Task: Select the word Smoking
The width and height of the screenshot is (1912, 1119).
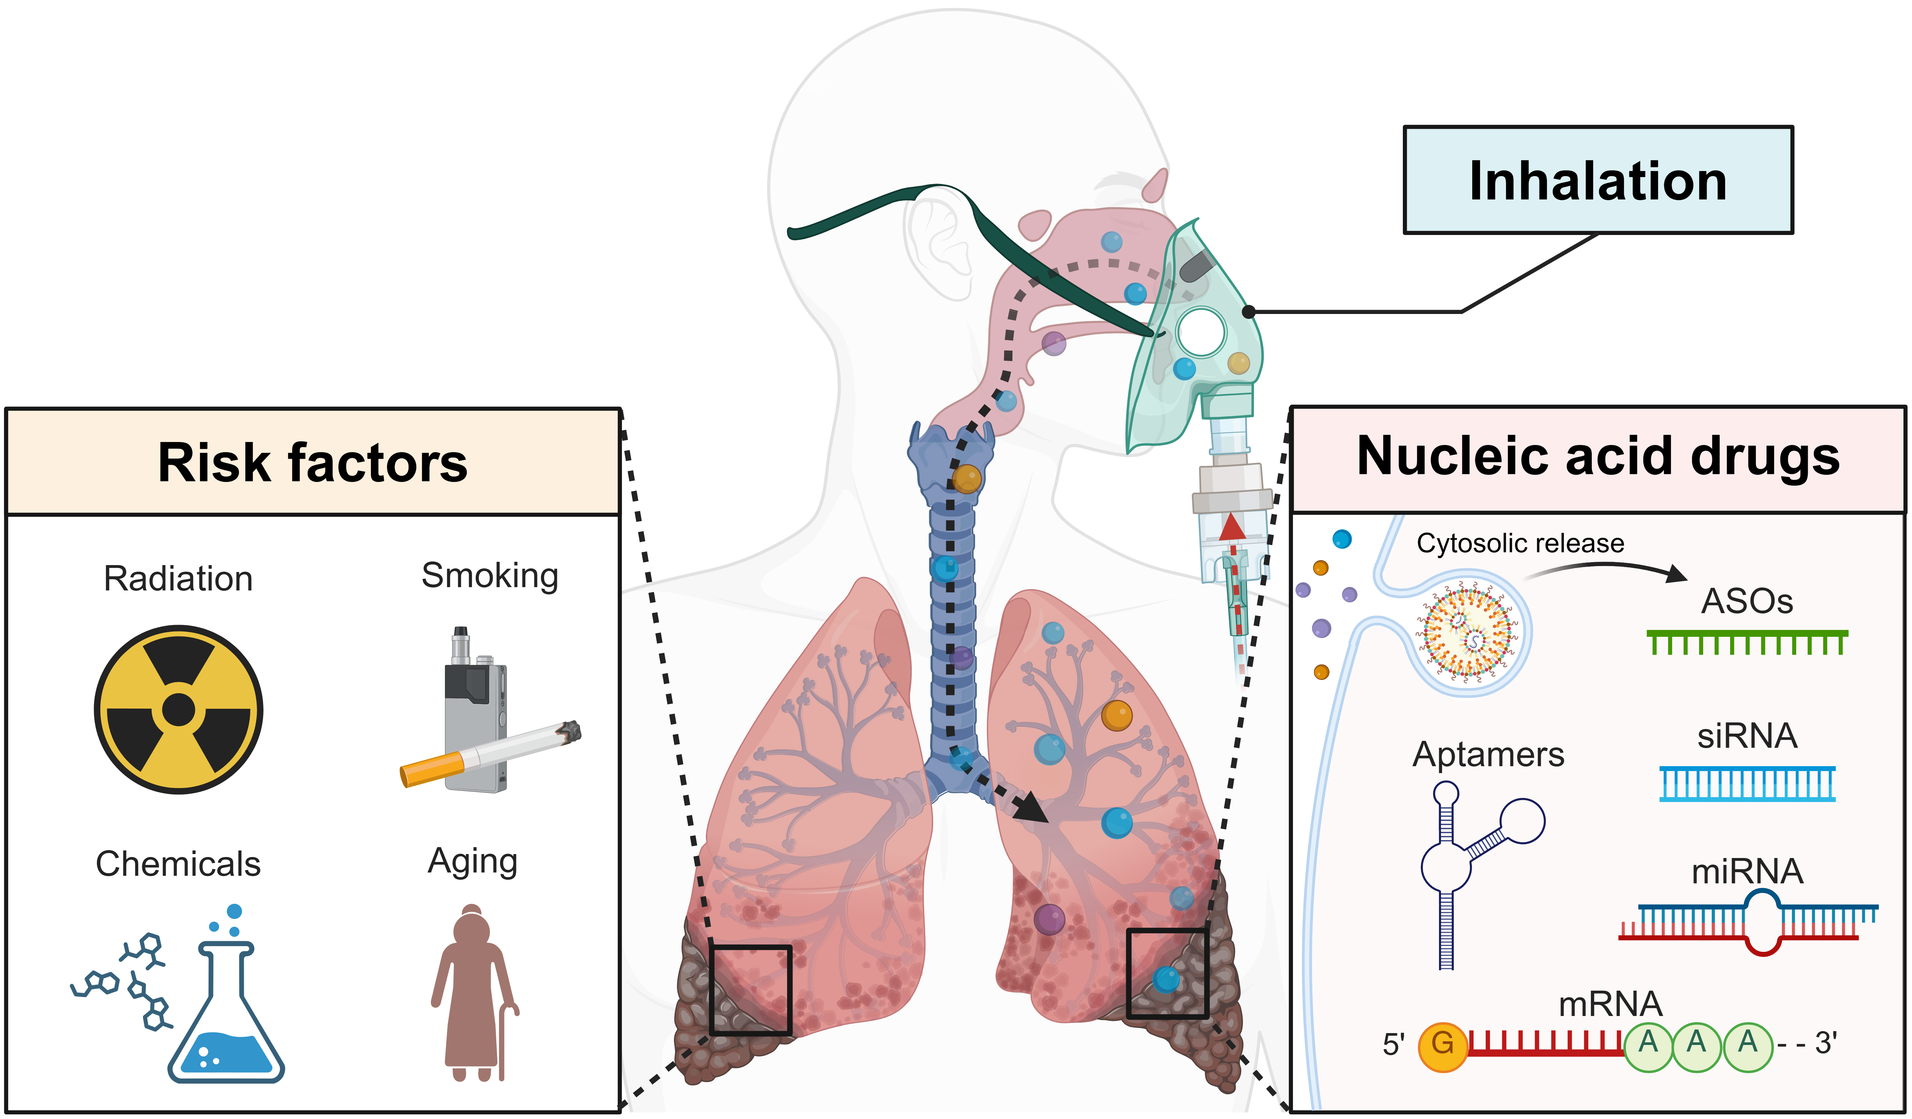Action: click(489, 575)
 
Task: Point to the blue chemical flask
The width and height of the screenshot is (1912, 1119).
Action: click(226, 1013)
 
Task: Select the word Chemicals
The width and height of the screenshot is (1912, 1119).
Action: click(178, 864)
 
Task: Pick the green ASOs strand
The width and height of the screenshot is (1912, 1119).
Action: click(1747, 641)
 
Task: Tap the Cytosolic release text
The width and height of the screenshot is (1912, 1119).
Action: click(1520, 544)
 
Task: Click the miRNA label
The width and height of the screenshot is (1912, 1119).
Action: click(1747, 872)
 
